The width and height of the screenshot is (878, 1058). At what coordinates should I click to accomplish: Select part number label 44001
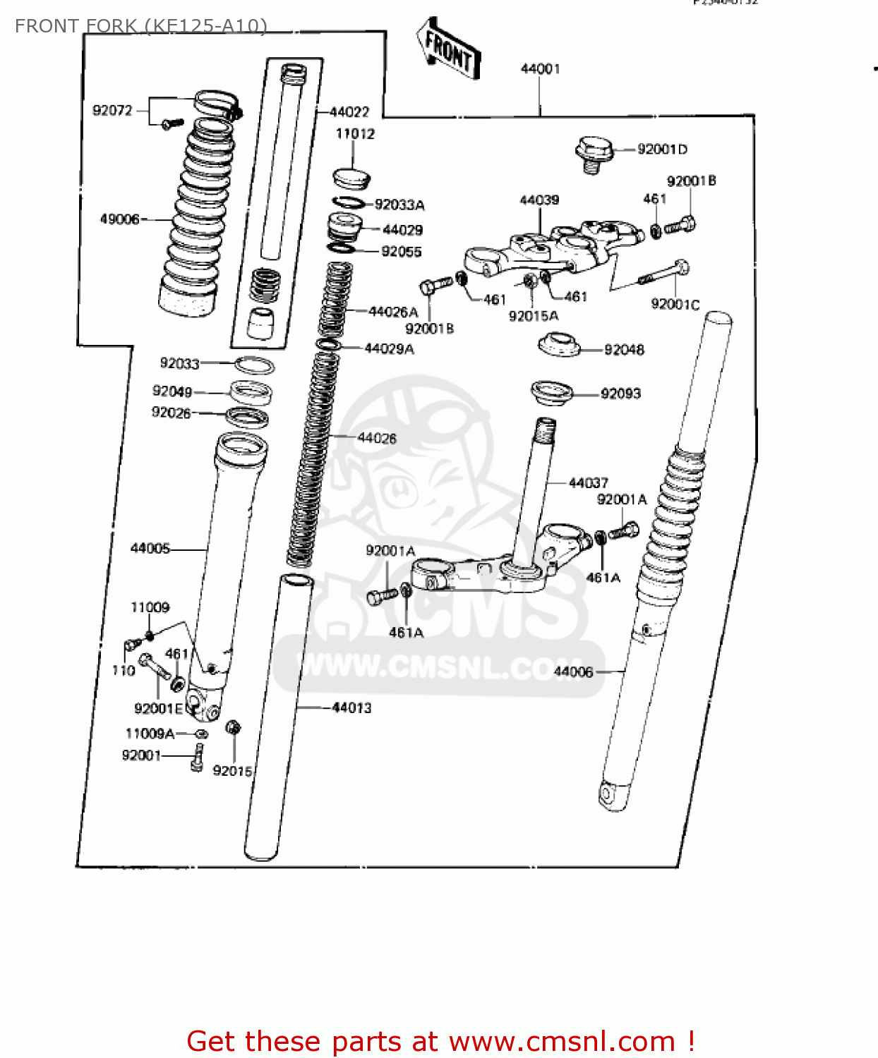[540, 68]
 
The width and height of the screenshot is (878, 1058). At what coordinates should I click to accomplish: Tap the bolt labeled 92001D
[592, 154]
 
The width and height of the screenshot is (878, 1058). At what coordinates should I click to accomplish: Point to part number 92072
[112, 110]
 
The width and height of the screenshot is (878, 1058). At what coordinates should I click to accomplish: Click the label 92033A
[399, 205]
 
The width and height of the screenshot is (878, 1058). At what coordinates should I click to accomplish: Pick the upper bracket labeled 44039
[551, 247]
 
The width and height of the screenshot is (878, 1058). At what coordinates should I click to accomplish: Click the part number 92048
[624, 349]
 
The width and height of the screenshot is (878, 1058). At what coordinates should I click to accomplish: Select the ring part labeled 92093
[551, 393]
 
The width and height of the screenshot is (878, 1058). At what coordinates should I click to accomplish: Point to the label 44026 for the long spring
[377, 438]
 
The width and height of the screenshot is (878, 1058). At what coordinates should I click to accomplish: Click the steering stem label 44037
[588, 482]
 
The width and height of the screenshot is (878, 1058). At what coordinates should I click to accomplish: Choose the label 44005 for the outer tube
[150, 548]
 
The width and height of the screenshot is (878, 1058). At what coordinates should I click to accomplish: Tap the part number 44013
[351, 707]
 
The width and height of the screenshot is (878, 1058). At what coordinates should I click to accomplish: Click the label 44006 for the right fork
[573, 671]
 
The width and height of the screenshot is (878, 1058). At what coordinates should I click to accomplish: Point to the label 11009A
[150, 734]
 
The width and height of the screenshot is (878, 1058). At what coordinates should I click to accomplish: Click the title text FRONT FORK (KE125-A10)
[141, 26]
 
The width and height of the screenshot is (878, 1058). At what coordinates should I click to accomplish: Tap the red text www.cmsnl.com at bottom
[562, 1041]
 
